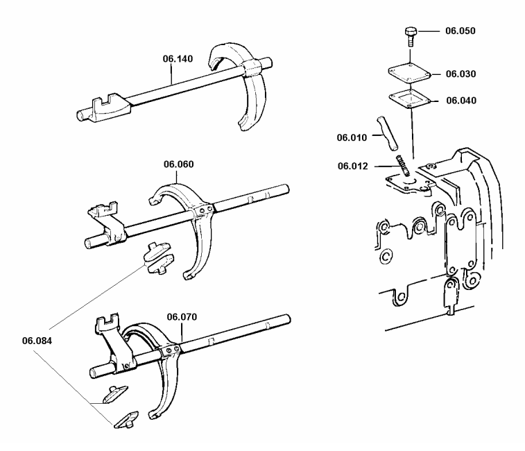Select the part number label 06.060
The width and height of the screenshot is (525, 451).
pos(178,164)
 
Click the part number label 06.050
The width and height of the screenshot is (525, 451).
pos(461,31)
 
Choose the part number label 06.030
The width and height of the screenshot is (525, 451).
pos(461,74)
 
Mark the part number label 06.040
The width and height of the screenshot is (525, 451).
pos(461,101)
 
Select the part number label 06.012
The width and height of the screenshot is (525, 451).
pos(353,166)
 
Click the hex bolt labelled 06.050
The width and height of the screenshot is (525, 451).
pos(408,34)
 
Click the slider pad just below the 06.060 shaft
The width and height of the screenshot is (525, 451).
pos(160,257)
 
